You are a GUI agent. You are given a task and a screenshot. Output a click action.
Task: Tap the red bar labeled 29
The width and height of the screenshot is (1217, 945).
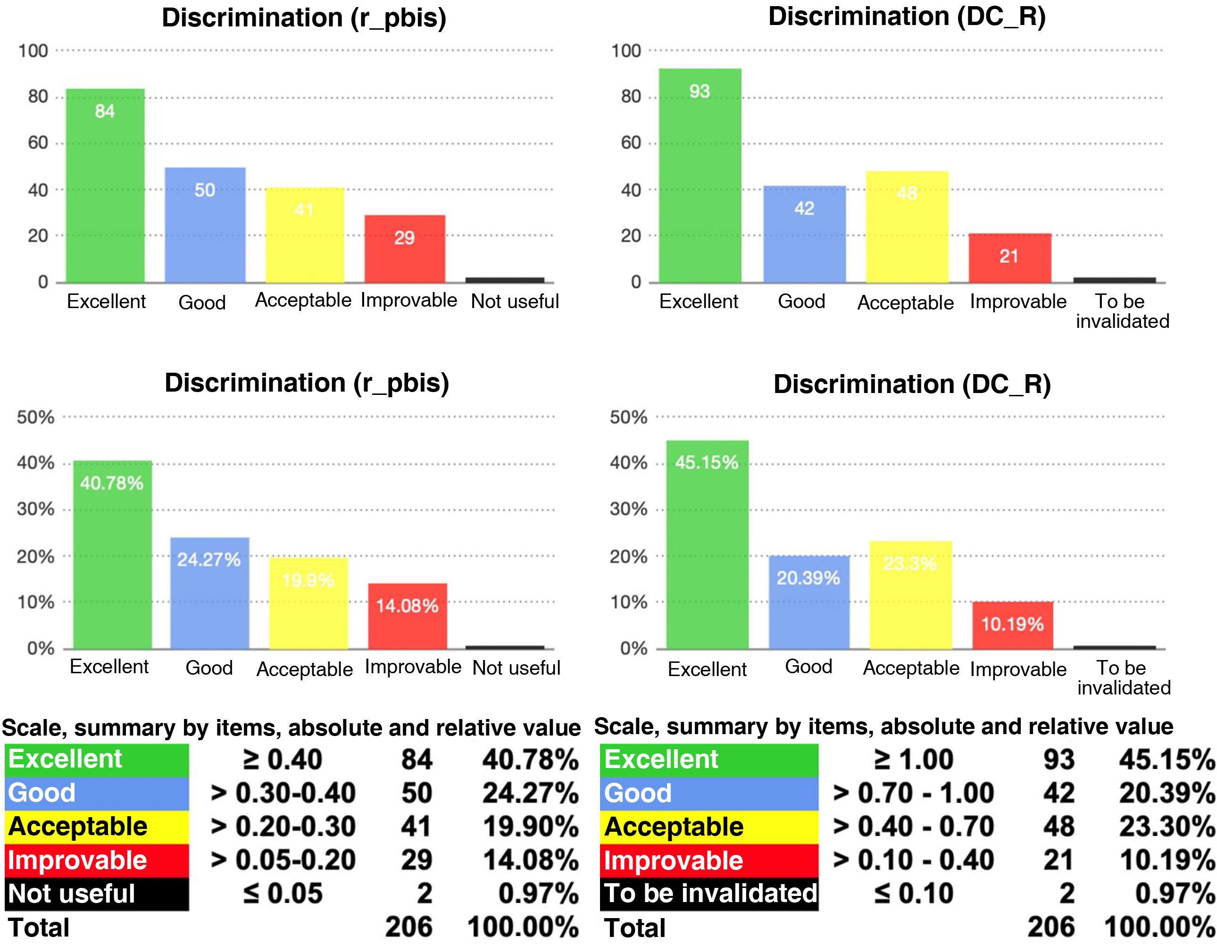(405, 249)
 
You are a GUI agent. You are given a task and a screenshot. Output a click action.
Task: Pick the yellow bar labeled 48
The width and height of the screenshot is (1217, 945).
(907, 227)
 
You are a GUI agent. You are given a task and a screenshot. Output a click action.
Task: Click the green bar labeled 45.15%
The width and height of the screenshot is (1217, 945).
(707, 544)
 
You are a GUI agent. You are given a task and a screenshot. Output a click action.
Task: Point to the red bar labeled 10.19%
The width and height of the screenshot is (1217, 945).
(1012, 625)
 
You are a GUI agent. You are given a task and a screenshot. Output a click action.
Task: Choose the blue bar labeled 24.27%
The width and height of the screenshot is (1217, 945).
(209, 593)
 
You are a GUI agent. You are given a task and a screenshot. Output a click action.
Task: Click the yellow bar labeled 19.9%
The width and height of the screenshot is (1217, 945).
(308, 603)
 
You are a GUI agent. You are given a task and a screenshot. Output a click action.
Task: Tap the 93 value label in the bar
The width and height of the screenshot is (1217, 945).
(700, 92)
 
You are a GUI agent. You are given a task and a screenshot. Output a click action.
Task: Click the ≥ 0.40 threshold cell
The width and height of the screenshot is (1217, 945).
(283, 760)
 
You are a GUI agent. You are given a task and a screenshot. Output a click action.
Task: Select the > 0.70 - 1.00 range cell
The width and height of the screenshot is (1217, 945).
(913, 793)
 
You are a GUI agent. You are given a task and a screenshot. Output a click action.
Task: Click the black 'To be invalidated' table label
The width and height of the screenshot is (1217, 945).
(709, 893)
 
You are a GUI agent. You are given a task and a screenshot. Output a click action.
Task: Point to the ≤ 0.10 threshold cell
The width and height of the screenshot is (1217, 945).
(913, 893)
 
